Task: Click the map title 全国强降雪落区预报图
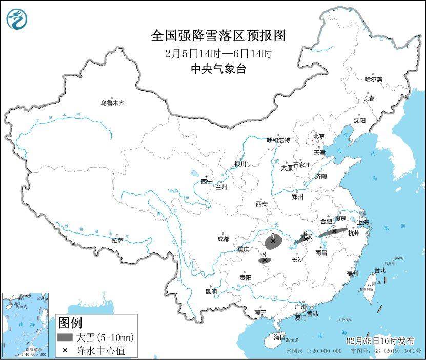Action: (x=218, y=36)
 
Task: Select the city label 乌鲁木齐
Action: (x=112, y=103)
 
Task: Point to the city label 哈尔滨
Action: (x=373, y=79)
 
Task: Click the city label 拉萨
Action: (x=117, y=240)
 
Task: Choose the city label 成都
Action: (x=223, y=239)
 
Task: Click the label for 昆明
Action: (x=211, y=291)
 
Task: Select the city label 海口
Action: (x=279, y=337)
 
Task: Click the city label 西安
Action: (x=261, y=204)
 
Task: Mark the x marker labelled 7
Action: (x=273, y=241)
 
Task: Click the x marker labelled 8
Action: (x=265, y=260)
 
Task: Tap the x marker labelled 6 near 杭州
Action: (x=334, y=231)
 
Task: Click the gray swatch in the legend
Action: (x=65, y=337)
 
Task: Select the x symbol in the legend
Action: (x=65, y=351)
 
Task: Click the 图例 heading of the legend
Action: (x=70, y=323)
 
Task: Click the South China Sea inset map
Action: (x=24, y=325)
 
